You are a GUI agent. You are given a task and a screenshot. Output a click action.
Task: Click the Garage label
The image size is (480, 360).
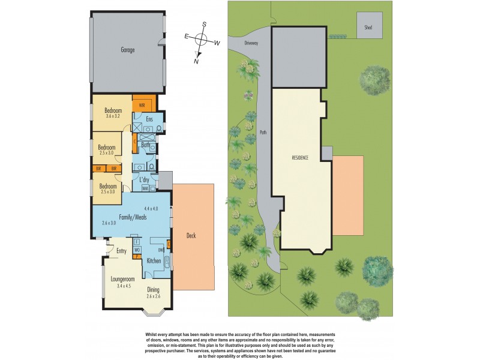point(127,50)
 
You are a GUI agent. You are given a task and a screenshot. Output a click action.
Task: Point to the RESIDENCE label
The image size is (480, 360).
point(300,158)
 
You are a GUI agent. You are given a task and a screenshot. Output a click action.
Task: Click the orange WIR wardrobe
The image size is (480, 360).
point(143,105)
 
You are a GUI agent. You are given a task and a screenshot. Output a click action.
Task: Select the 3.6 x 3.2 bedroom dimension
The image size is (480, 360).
point(113,116)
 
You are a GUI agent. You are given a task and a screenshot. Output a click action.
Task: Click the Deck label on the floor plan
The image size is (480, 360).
point(191,236)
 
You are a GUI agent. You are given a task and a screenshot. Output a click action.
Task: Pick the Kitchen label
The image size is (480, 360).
point(154,261)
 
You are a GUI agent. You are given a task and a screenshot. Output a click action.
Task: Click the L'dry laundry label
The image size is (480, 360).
point(145,179)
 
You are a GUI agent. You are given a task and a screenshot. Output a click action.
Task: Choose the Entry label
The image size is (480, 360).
point(121,251)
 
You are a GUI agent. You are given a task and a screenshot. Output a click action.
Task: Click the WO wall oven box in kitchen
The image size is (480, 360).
point(137,249)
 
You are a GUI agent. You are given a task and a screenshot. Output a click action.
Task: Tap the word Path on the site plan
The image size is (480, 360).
point(262,132)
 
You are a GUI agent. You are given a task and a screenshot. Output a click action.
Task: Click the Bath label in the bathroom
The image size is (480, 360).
point(145,145)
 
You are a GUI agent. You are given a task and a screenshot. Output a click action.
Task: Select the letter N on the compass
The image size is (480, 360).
point(196,60)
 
